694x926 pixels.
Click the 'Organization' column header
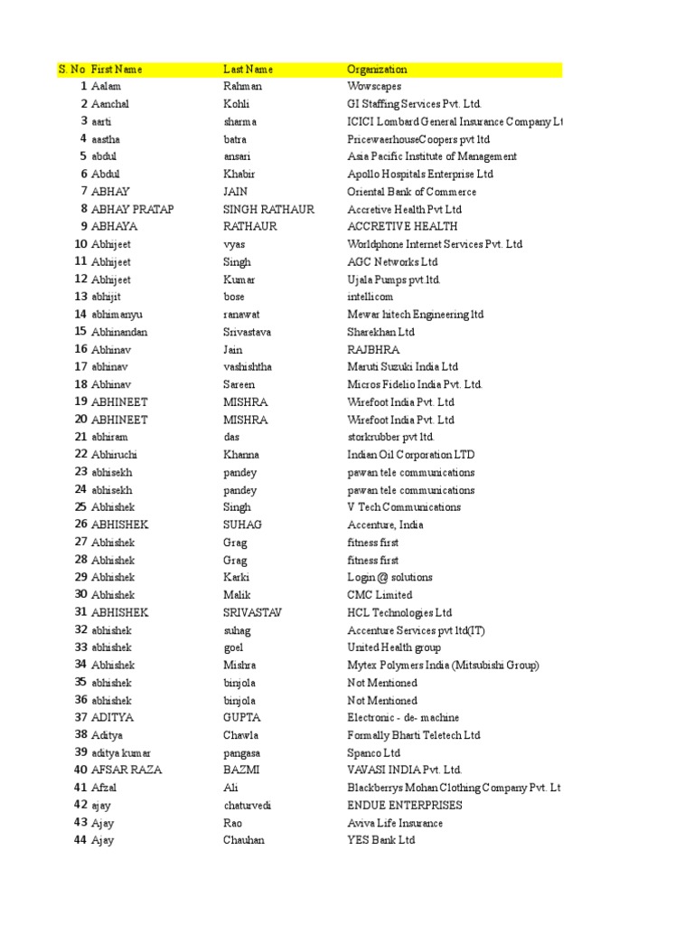point(377,70)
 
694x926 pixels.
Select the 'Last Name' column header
point(248,70)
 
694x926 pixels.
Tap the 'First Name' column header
point(117,70)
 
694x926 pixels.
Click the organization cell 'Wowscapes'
point(373,87)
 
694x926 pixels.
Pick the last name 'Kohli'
point(236,105)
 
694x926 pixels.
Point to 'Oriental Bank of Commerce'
point(411,192)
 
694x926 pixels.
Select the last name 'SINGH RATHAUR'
point(268,210)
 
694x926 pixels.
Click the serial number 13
point(81,297)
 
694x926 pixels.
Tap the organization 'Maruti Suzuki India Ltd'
point(402,367)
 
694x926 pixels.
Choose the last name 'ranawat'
point(240,315)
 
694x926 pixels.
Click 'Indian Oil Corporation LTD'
point(410,455)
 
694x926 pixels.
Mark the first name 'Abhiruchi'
point(114,455)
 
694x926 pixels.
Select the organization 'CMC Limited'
point(380,595)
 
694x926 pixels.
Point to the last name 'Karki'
point(236,577)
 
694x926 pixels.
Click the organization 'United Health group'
point(394,647)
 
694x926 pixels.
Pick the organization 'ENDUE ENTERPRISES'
point(404,805)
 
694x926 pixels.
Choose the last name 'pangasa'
point(243,752)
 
